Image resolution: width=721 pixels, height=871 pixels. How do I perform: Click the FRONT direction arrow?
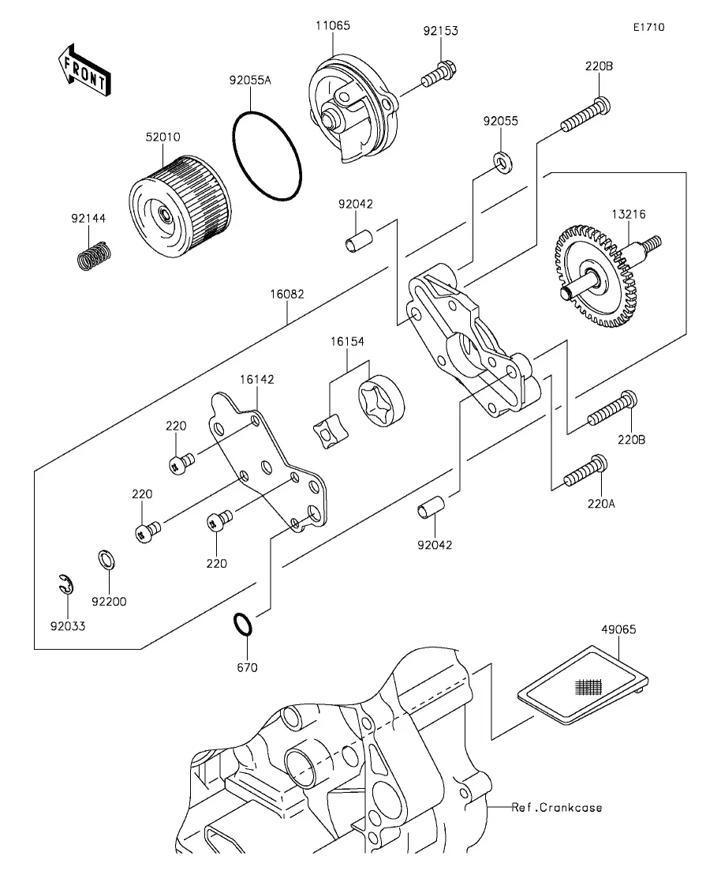tap(84, 69)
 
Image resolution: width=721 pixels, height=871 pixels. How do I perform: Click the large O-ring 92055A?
tap(267, 156)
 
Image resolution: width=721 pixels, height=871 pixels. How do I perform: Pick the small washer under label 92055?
tap(503, 163)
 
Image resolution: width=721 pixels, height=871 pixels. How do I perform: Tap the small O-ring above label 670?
tap(242, 625)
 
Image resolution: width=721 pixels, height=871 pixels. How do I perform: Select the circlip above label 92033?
tap(66, 584)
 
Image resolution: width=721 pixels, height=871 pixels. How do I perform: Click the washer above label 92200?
tap(106, 560)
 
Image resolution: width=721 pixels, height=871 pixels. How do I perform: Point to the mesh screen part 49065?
tap(583, 685)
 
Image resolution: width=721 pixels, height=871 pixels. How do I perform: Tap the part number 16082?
tap(287, 294)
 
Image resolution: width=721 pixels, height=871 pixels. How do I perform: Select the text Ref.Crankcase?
tap(557, 807)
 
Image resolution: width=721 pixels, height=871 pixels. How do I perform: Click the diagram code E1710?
tap(649, 27)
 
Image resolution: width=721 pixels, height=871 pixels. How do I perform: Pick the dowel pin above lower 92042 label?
tap(431, 507)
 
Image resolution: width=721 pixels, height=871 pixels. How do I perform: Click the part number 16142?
tap(257, 379)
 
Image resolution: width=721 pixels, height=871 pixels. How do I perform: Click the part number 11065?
tap(333, 25)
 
